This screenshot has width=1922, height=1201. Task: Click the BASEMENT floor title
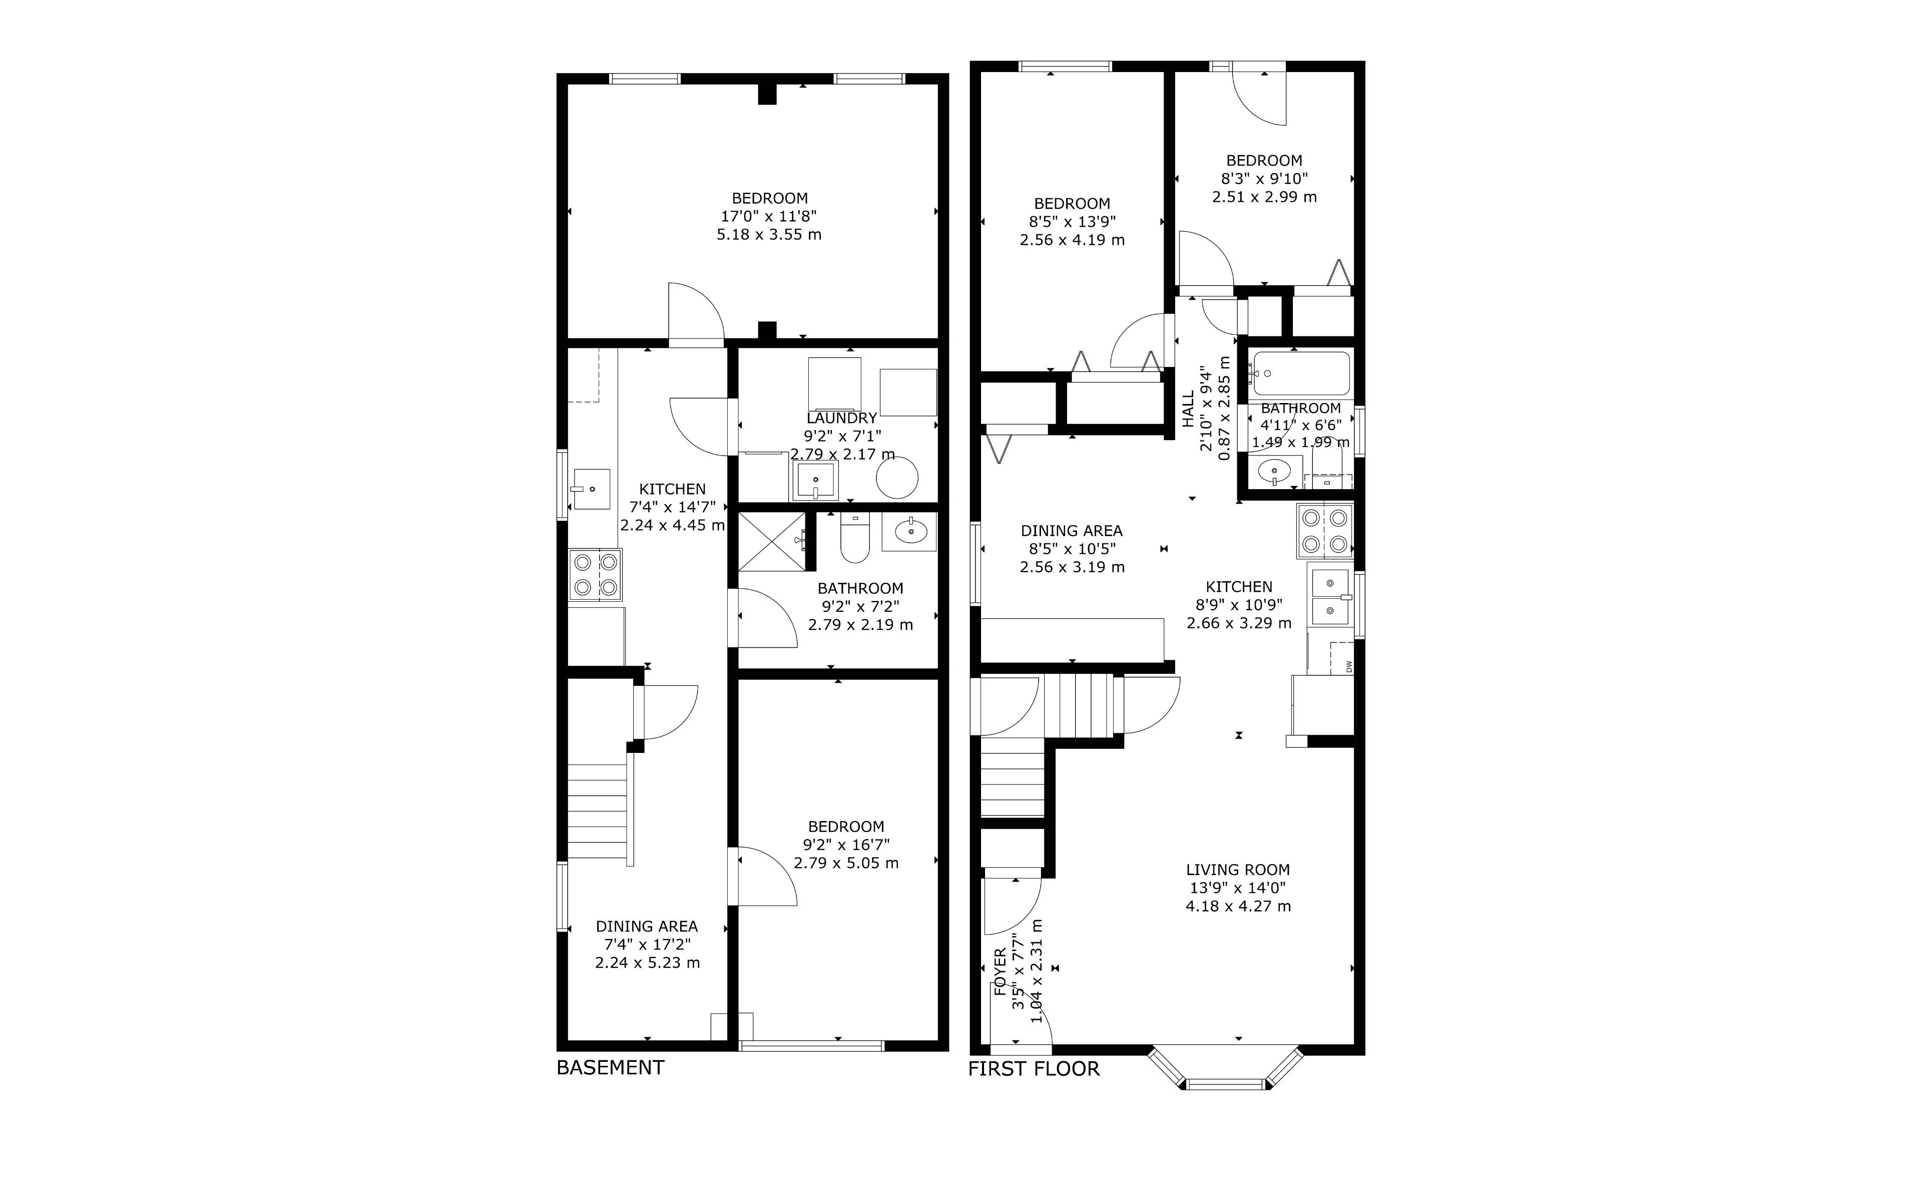610,1067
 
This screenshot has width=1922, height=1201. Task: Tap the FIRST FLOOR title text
1034,1069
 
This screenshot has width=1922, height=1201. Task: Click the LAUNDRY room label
841,418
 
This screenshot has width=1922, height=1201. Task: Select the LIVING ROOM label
1238,870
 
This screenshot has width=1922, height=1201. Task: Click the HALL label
1188,409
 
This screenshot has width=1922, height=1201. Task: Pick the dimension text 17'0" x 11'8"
768,216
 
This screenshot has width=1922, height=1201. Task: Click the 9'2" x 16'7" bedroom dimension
846,845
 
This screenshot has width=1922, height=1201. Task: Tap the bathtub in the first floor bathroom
1299,373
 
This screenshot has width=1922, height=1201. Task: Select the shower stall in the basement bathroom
772,542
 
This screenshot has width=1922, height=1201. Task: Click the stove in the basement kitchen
595,574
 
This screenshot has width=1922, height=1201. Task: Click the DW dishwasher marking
1348,666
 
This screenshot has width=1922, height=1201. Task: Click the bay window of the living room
1227,1068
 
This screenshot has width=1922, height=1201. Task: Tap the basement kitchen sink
592,489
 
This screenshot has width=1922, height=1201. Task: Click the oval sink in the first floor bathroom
1275,471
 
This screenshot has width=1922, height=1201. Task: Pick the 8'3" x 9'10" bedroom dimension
1264,179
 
